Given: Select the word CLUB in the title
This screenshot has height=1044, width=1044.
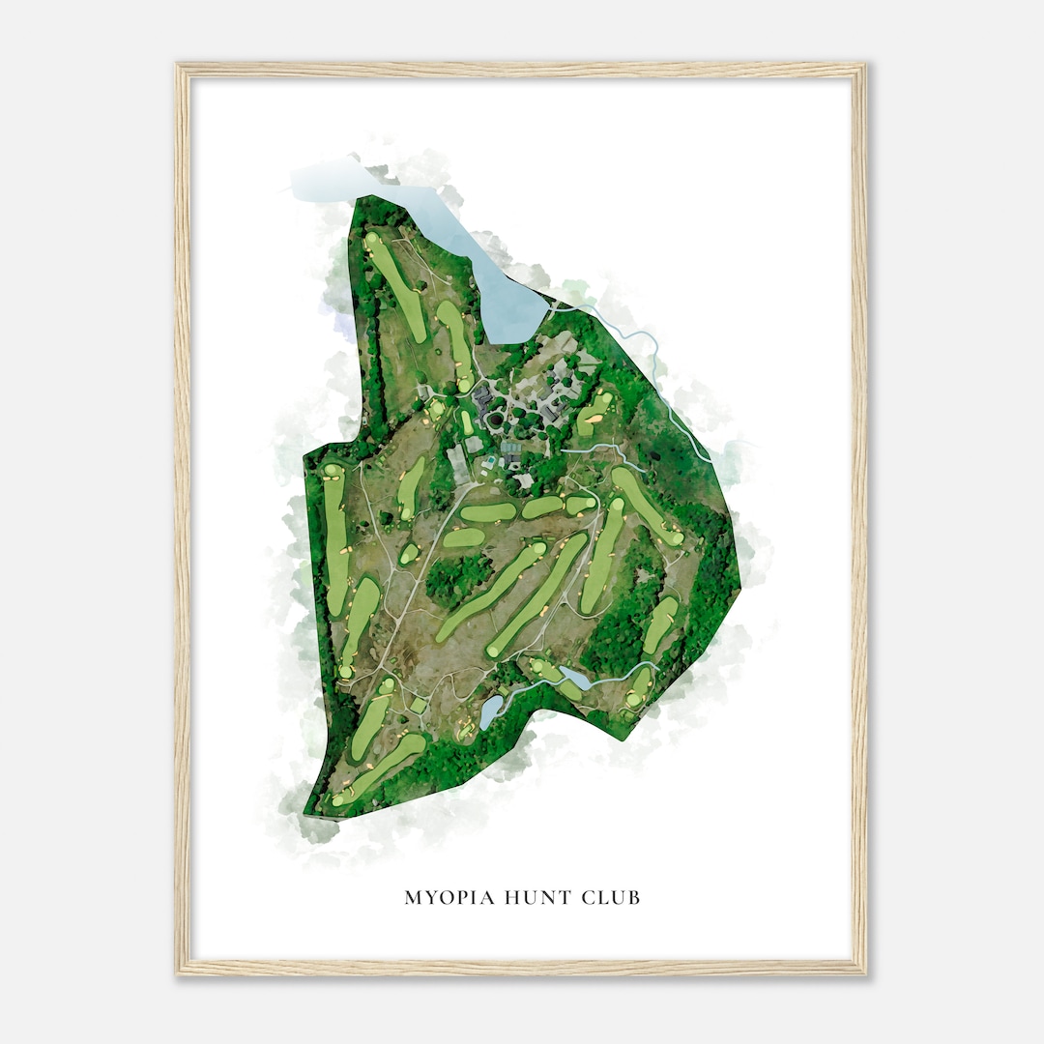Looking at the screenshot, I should [612, 898].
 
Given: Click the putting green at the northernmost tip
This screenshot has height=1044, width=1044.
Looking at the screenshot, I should [372, 238].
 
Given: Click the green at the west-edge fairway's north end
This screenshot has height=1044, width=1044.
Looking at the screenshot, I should [333, 471].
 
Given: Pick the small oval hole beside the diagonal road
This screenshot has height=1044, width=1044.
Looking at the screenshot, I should [410, 555].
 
